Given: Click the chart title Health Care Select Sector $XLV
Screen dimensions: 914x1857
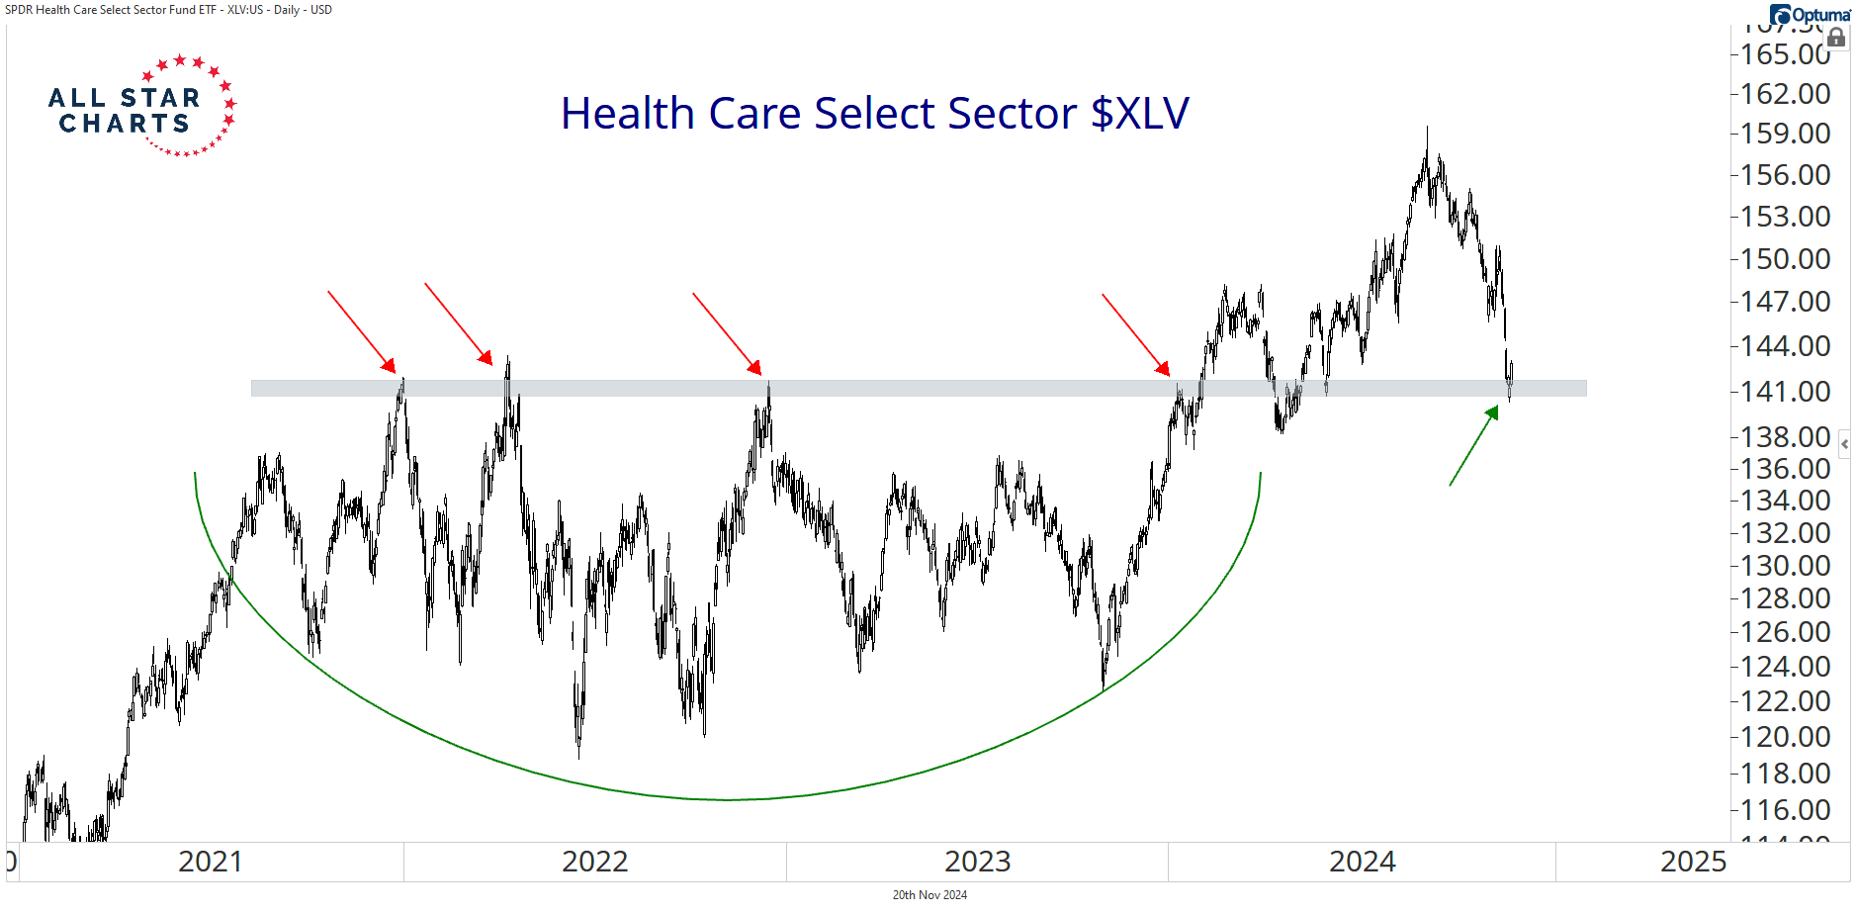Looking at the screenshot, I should tap(874, 113).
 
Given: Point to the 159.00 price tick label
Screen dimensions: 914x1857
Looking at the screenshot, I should tap(1785, 134).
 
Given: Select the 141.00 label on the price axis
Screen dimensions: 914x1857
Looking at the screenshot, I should tap(1785, 392).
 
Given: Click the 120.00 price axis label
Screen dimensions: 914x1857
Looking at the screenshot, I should tap(1785, 737).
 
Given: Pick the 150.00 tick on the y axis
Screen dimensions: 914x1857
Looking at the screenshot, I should tap(1785, 259).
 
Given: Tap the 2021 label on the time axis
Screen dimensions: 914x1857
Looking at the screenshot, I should tap(210, 862).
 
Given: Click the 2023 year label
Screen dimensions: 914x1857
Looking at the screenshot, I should tap(977, 862).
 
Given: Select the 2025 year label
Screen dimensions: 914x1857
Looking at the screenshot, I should tap(1693, 862).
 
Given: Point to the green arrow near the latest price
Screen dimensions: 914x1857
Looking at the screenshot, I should tap(1474, 445).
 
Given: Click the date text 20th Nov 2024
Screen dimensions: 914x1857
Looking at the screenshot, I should tap(929, 895).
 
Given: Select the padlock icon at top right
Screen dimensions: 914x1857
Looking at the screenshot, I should tap(1836, 39).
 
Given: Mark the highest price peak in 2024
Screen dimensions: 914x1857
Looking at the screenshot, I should tap(1427, 129).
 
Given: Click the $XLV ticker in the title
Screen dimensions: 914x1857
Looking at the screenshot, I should tap(1139, 113).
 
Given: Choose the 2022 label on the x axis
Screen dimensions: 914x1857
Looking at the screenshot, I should tap(594, 862).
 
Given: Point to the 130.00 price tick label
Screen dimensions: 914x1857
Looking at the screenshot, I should tap(1785, 566).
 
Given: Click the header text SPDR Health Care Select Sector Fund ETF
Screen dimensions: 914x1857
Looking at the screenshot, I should tap(111, 10).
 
